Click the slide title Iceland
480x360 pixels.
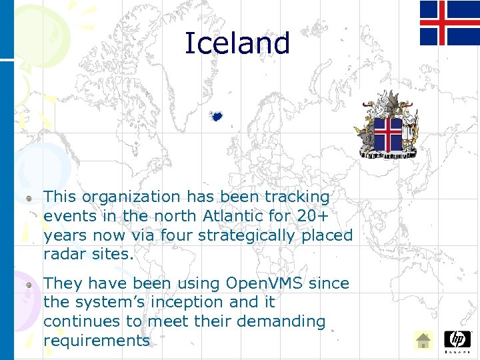[237, 43]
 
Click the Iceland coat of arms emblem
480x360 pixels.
[388, 125]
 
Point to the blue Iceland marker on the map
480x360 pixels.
[216, 116]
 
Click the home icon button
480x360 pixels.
[423, 341]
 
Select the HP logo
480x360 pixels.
[457, 340]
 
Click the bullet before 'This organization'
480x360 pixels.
[29, 198]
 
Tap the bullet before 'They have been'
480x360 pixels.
[29, 285]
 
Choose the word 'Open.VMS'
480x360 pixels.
[265, 283]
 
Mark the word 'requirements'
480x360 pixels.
[97, 341]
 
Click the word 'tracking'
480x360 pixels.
[297, 197]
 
